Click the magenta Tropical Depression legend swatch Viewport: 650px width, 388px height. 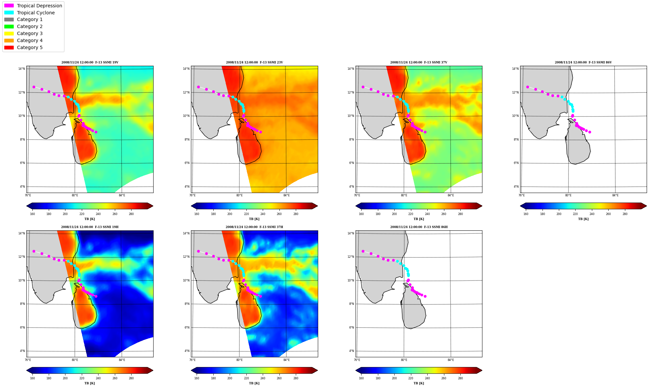coord(9,6)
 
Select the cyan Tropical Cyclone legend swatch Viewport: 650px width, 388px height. coord(9,13)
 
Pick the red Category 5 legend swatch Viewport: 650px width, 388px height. coord(9,47)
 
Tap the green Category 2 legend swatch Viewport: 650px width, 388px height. coord(9,26)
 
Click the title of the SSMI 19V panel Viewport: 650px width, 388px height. coord(90,62)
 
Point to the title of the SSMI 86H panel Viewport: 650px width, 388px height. coord(419,227)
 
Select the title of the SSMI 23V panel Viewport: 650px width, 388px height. coord(254,62)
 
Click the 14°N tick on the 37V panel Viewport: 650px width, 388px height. coord(351,69)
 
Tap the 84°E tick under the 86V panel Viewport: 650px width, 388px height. coord(615,195)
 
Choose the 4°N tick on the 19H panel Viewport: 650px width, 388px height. coord(22,351)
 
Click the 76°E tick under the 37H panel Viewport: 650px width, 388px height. coord(193,360)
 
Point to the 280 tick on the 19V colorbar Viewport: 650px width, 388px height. coord(131,214)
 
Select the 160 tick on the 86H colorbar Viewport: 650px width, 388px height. coord(361,378)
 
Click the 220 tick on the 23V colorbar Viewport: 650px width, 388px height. coord(246,214)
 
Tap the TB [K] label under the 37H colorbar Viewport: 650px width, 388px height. coord(254,383)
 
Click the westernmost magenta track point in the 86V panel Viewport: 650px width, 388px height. coord(527,87)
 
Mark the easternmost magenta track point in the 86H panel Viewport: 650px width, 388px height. coord(425,296)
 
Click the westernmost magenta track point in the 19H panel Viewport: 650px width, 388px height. coord(34,251)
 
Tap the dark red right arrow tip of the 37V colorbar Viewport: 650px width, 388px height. coord(482,206)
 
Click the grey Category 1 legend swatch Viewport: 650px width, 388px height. coord(9,19)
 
